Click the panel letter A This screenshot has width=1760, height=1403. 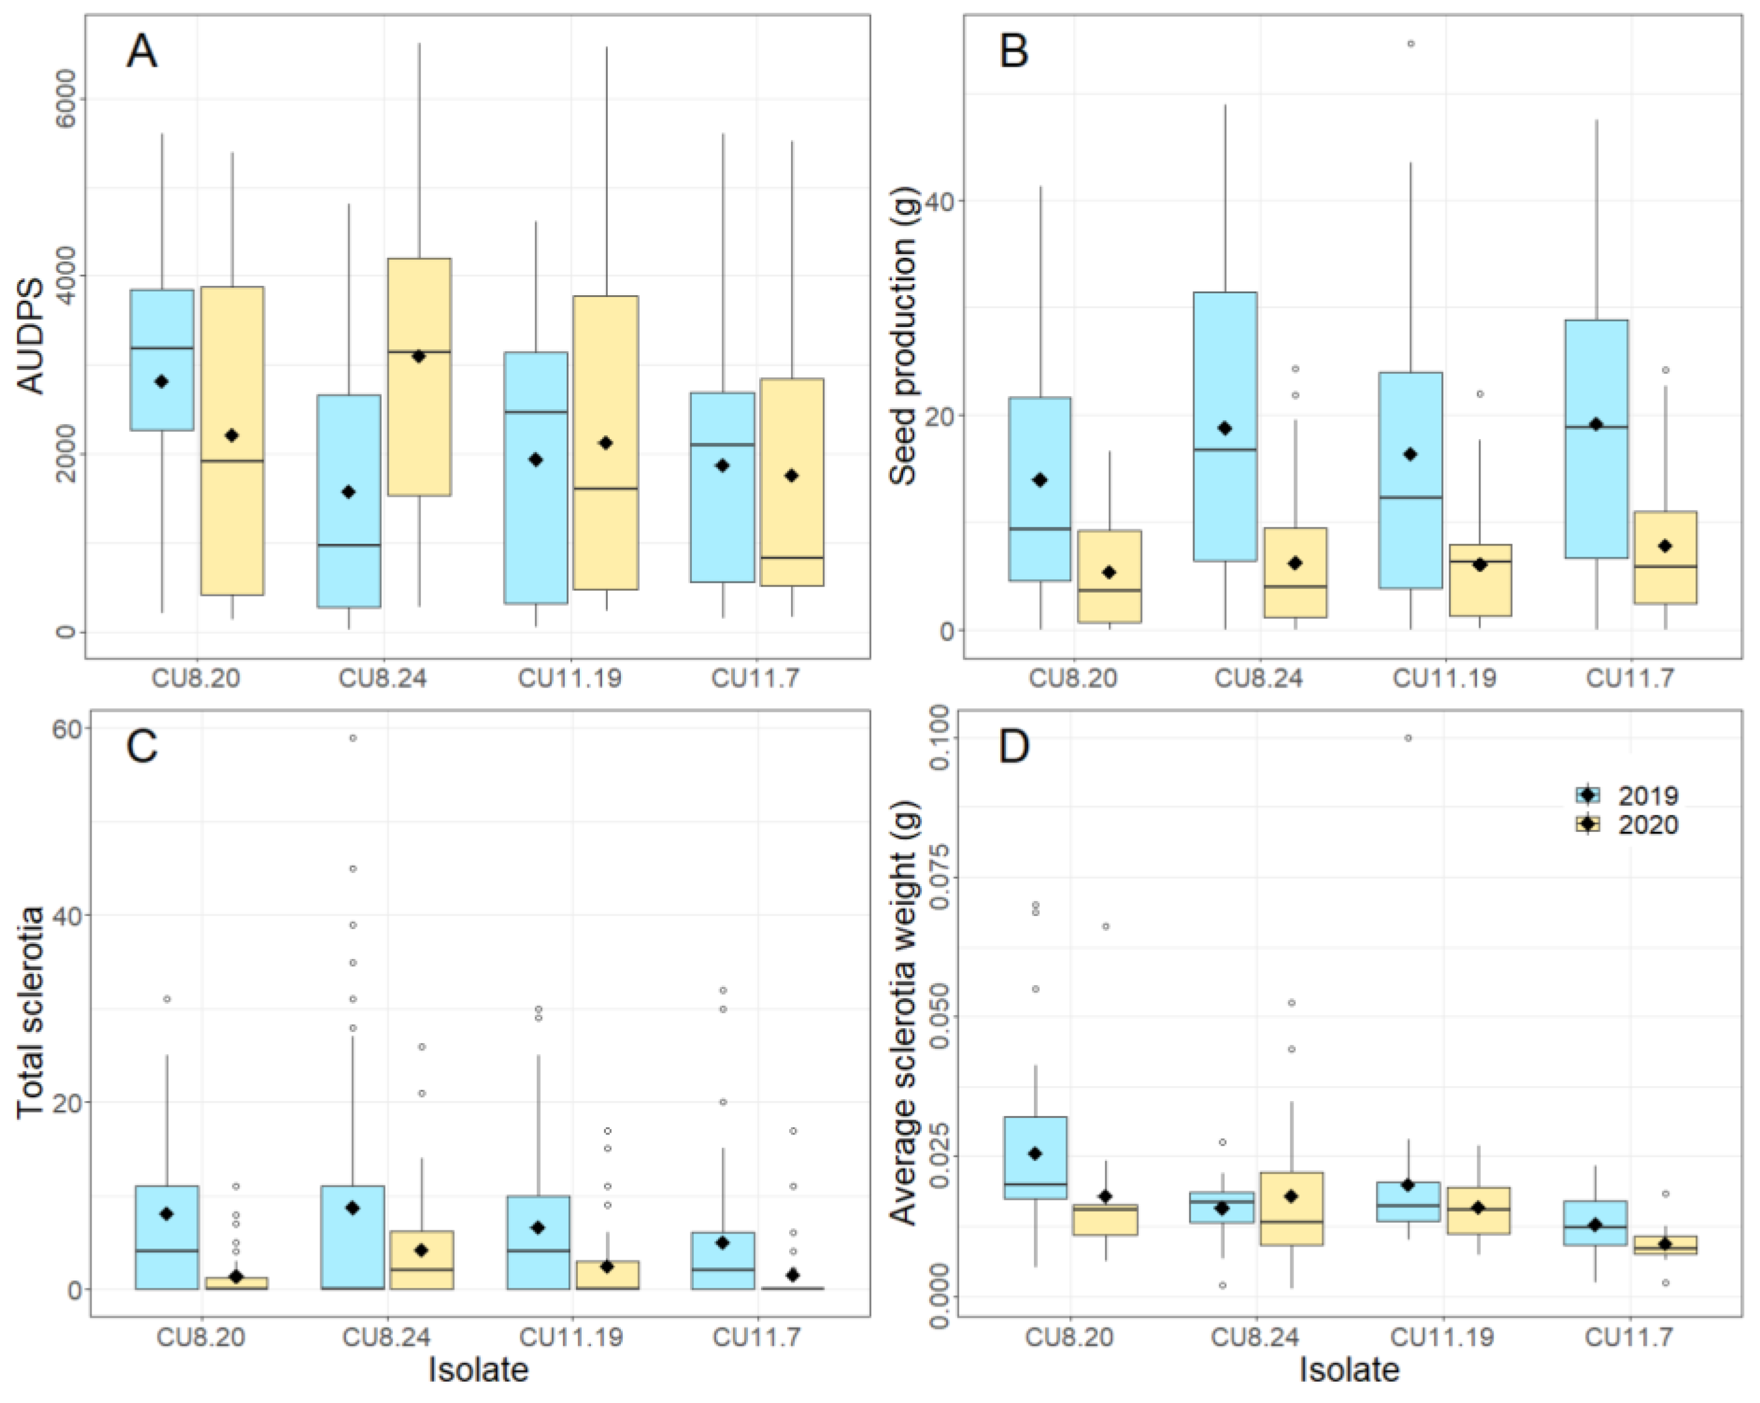tap(142, 52)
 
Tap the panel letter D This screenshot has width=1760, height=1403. tap(1014, 747)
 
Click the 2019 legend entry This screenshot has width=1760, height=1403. tap(1626, 796)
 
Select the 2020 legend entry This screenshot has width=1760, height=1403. tap(1626, 825)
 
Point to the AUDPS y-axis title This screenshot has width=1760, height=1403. tap(32, 336)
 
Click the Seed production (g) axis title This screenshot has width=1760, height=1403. tap(904, 336)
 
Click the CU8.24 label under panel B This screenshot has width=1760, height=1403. tap(1259, 678)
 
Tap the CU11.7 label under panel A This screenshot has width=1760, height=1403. tap(755, 678)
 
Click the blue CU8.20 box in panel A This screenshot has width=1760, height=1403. tap(163, 360)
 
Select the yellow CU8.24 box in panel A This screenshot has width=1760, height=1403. tap(420, 377)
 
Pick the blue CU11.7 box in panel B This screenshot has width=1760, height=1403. tap(1596, 439)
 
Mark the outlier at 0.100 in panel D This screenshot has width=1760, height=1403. tap(1408, 738)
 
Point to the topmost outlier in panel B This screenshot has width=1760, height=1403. tap(1411, 43)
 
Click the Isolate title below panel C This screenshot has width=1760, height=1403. tap(479, 1369)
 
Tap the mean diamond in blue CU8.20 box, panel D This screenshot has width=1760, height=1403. tap(1035, 1153)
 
